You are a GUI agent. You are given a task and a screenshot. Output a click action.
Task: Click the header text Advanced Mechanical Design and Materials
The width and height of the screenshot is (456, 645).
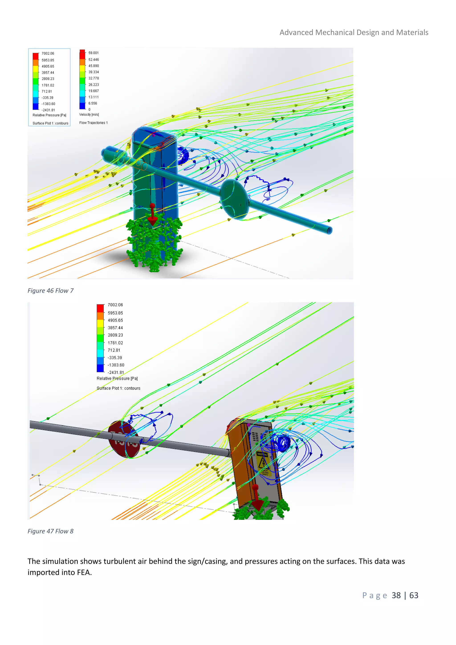point(354,33)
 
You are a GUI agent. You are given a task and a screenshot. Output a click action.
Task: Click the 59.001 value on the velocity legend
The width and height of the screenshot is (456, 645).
point(94,53)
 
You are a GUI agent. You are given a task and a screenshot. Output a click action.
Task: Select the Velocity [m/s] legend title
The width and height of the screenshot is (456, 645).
point(89,115)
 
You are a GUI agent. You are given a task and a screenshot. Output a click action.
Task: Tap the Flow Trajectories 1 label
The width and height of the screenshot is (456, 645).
point(93,123)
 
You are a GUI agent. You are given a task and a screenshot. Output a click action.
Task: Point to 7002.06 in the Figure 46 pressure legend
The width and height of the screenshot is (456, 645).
point(48,53)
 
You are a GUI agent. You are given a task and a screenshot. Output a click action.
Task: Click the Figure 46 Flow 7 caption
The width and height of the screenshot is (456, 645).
point(50,291)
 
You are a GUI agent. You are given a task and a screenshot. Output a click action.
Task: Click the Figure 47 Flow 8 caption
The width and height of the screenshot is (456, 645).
point(50,531)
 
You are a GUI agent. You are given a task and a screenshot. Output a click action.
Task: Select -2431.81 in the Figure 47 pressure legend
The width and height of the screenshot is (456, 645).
point(116,373)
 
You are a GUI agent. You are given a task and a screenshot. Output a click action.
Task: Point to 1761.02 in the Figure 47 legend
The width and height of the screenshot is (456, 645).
point(115,343)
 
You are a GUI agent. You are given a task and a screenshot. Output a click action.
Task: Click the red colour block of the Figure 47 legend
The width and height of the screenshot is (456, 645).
point(100,308)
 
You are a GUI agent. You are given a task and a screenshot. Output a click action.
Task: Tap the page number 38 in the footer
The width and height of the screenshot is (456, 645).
point(396,595)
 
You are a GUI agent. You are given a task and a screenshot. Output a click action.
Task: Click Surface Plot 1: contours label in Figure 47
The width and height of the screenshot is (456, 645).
point(118,388)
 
